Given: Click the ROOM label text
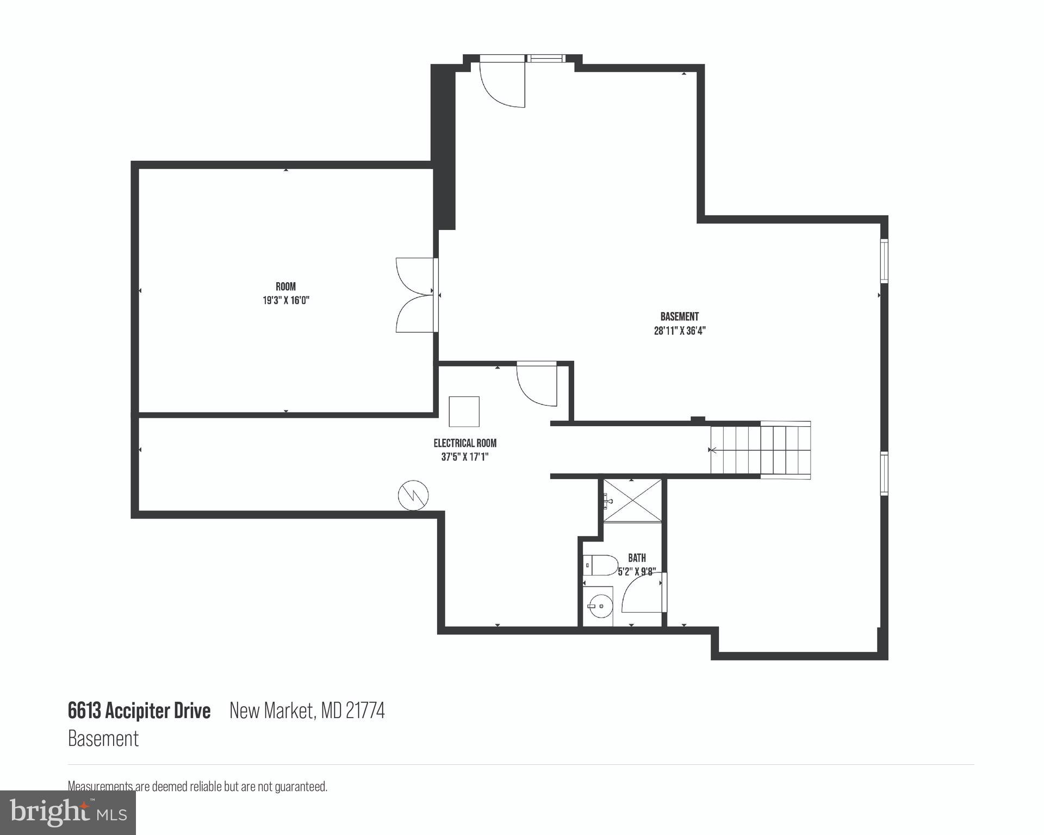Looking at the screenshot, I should (x=285, y=286).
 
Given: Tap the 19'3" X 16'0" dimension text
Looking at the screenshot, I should (x=285, y=300).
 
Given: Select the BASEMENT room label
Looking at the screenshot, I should (x=679, y=316).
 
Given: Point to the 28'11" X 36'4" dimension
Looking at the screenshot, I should (x=679, y=331).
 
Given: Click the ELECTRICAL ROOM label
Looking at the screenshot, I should (x=465, y=443).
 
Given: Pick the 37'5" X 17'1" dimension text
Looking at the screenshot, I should (x=465, y=457).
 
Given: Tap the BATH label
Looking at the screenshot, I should (x=637, y=558).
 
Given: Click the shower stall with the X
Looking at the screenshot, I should (x=632, y=501).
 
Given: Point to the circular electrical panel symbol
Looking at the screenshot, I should (x=413, y=495).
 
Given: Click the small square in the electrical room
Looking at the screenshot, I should (x=464, y=412).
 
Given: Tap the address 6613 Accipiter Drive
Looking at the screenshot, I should (x=139, y=711).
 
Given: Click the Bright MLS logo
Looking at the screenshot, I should (x=68, y=812).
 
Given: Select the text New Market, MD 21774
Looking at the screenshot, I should (x=307, y=711).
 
